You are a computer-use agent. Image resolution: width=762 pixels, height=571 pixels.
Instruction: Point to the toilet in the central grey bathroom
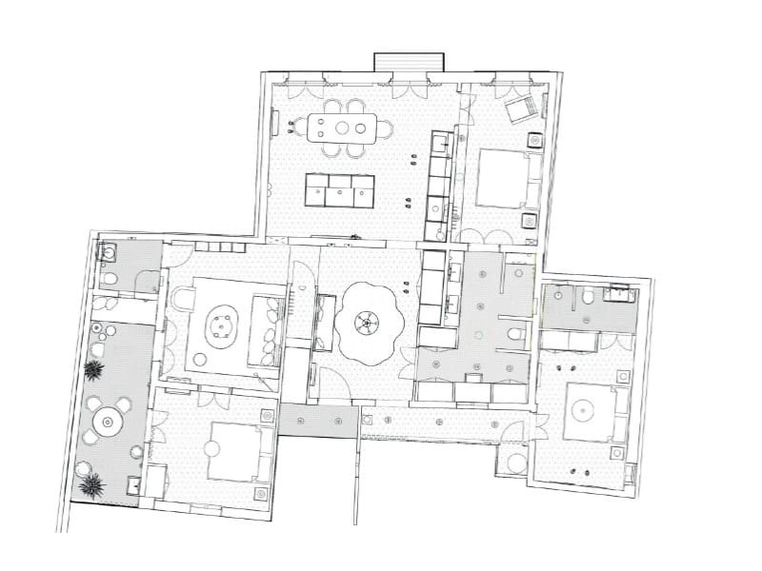point(515,334)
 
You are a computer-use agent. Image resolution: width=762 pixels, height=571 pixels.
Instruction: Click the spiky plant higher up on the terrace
point(94,370)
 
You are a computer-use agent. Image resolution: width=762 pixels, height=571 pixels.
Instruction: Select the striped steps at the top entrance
point(409,62)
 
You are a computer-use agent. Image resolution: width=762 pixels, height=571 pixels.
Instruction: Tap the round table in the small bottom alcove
point(517,463)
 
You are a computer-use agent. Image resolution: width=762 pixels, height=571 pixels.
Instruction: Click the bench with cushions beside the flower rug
point(324,321)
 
